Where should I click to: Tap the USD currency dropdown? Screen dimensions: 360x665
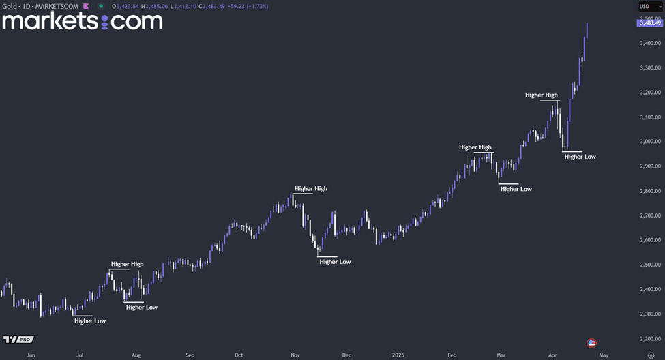click(650, 7)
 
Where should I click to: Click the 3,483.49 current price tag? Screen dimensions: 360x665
click(649, 23)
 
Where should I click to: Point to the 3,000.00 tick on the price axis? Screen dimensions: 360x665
click(650, 142)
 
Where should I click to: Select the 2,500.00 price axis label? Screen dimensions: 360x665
click(650, 265)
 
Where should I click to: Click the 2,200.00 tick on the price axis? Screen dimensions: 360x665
click(650, 338)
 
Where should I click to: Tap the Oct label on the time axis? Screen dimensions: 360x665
click(239, 355)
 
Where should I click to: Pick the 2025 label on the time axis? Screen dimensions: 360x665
click(398, 355)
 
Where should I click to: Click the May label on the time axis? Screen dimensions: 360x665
click(604, 355)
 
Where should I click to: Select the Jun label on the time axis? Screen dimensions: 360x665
click(30, 355)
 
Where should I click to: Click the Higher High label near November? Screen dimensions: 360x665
click(311, 188)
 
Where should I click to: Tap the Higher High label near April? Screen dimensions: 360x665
click(542, 95)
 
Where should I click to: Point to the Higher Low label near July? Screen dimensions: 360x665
click(90, 320)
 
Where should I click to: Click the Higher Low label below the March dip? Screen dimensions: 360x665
click(516, 189)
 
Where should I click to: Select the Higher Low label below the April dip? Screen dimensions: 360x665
click(580, 157)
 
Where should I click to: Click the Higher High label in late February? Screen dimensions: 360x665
click(475, 147)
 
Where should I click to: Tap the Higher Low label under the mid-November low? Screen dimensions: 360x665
click(335, 262)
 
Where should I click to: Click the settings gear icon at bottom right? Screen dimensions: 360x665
click(651, 355)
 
